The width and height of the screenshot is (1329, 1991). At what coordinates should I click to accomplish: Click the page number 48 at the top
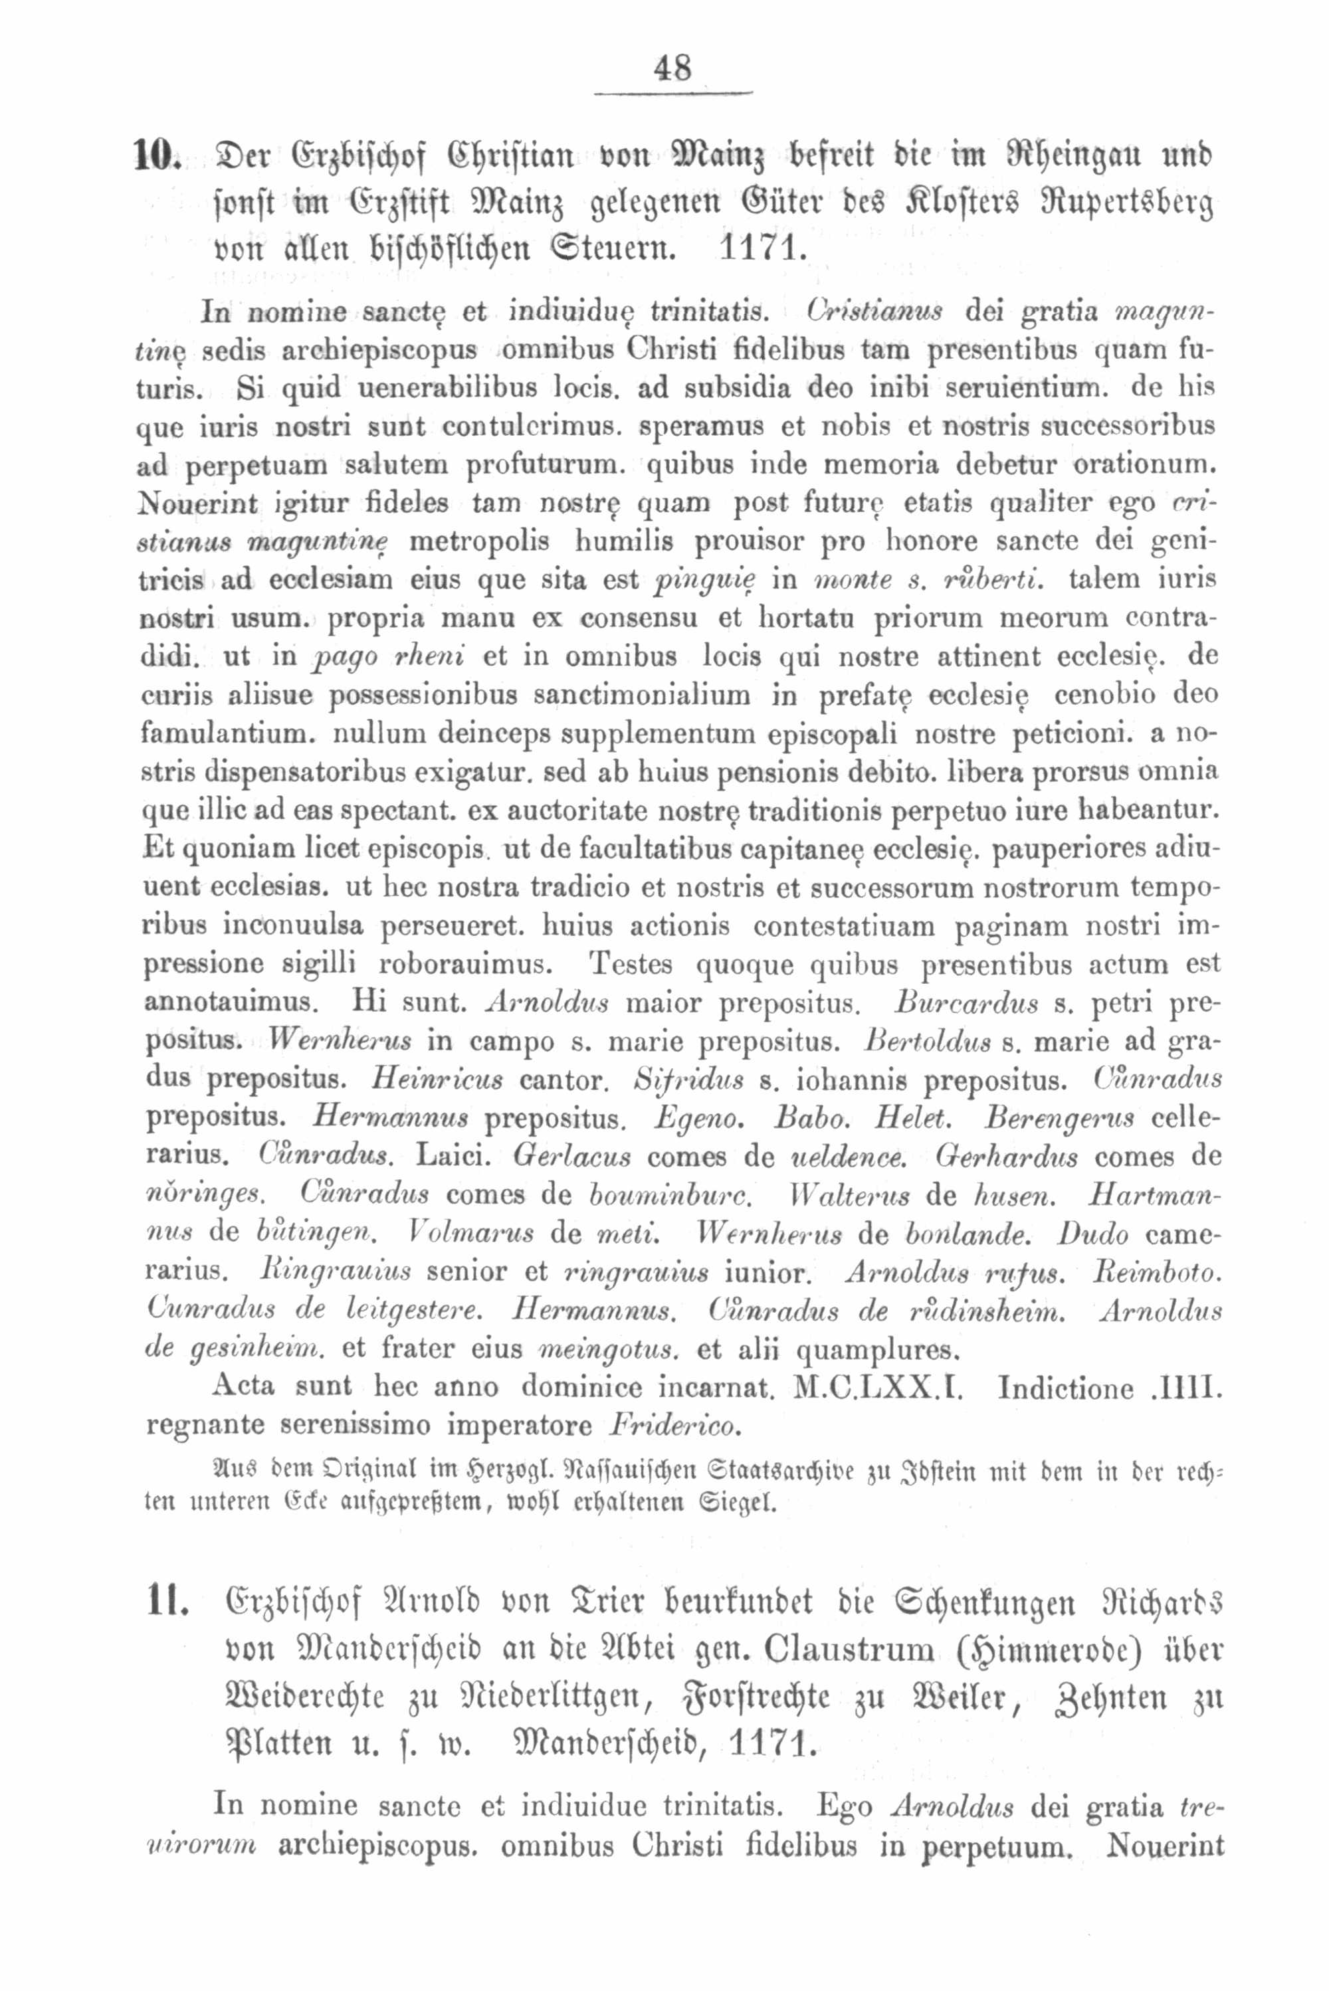673,68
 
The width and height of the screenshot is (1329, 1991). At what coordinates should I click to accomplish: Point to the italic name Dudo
1093,1234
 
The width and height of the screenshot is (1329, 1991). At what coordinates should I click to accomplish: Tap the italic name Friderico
674,1425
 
